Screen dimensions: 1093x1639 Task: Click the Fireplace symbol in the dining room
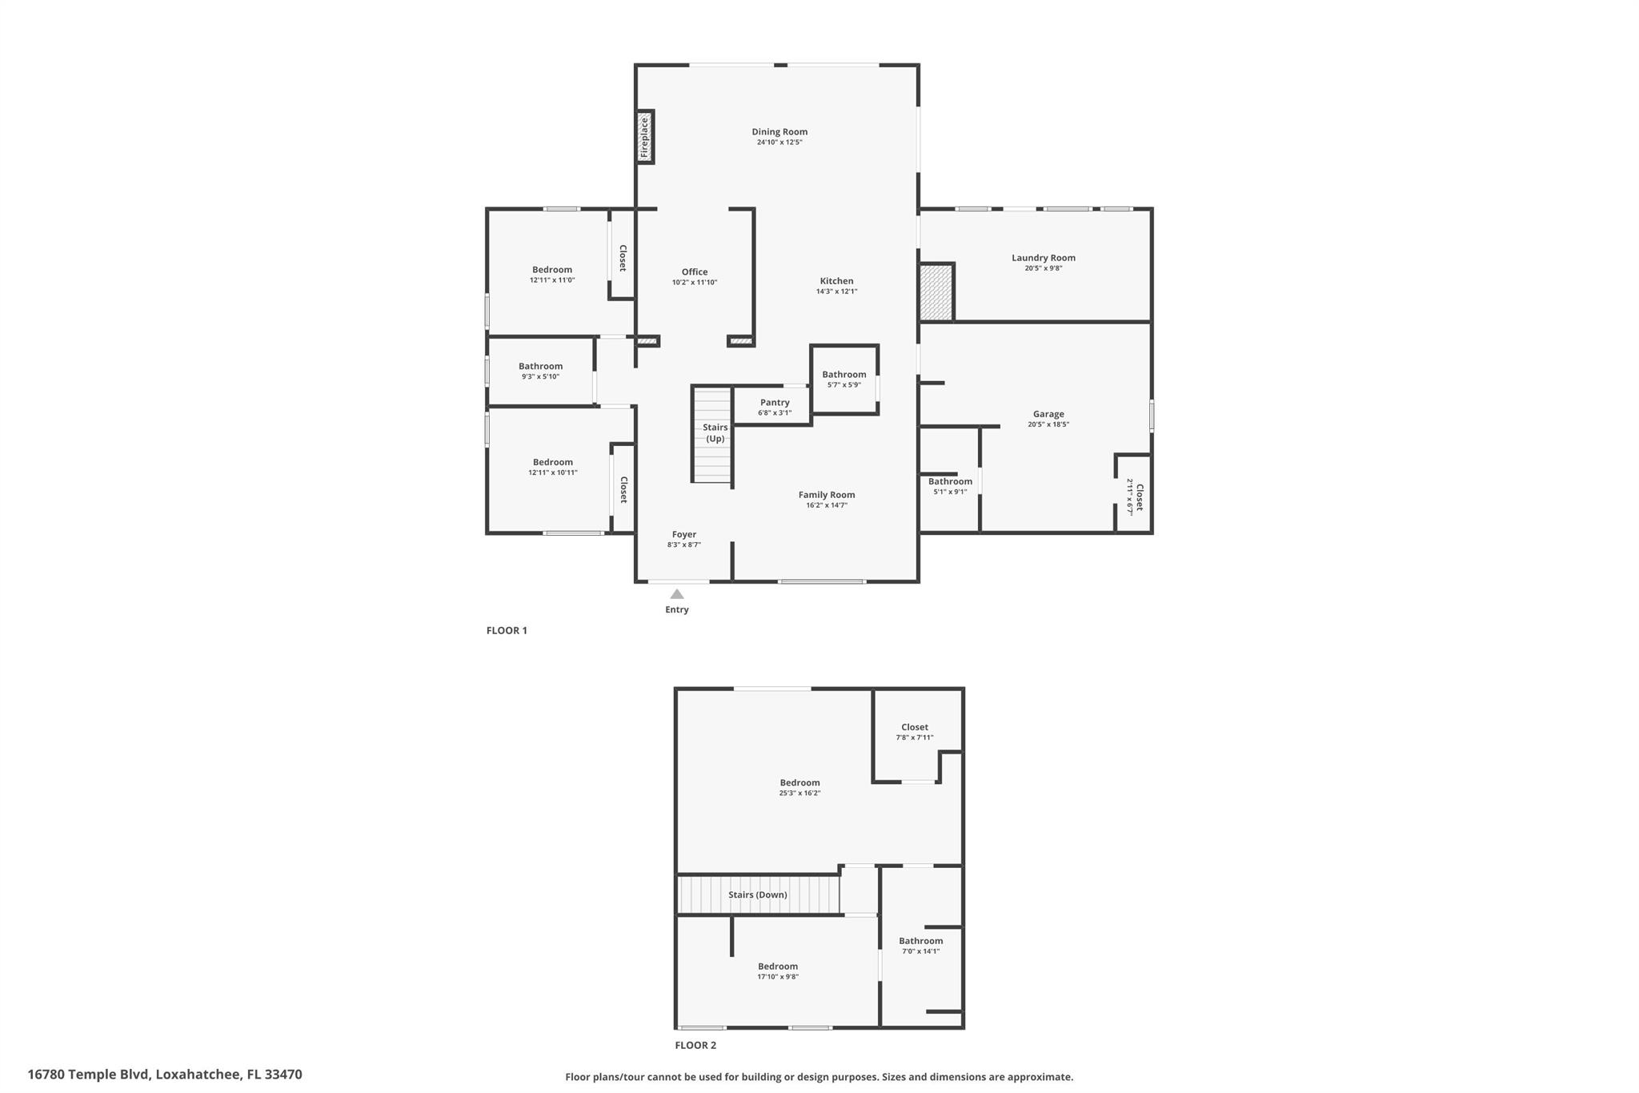pos(644,138)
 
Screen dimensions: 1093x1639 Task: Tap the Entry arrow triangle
pos(677,594)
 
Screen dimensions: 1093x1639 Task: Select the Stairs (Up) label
pos(715,432)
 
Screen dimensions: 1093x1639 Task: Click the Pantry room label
pos(775,402)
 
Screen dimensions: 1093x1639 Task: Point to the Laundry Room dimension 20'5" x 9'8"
pos(1044,268)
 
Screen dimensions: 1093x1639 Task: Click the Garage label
pos(1048,414)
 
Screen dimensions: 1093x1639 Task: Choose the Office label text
pos(695,271)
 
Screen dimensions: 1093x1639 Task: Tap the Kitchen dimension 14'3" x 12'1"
pos(836,291)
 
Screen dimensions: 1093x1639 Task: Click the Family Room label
pos(827,495)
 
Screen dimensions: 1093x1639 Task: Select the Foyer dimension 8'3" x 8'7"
pos(684,545)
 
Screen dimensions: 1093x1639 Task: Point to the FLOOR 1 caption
pos(507,630)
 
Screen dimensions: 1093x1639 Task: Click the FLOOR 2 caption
pos(695,1045)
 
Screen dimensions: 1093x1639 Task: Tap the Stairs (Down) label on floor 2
pos(757,894)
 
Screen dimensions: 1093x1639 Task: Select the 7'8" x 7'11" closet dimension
pos(915,737)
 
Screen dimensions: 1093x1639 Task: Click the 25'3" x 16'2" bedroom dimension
pos(799,793)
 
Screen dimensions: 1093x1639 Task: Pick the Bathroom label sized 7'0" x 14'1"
pos(920,941)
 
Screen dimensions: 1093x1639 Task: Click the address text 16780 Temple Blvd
pos(88,1075)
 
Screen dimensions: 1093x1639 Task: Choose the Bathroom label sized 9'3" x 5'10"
pos(540,366)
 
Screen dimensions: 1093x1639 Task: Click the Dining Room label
pos(779,131)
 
